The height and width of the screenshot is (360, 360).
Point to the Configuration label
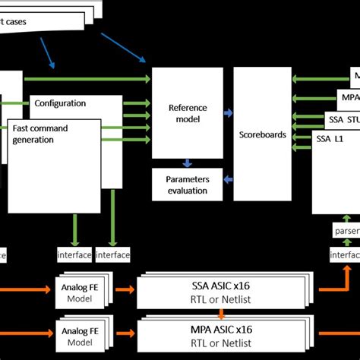click(x=60, y=103)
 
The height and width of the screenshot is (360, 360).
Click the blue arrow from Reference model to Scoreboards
click(x=227, y=113)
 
